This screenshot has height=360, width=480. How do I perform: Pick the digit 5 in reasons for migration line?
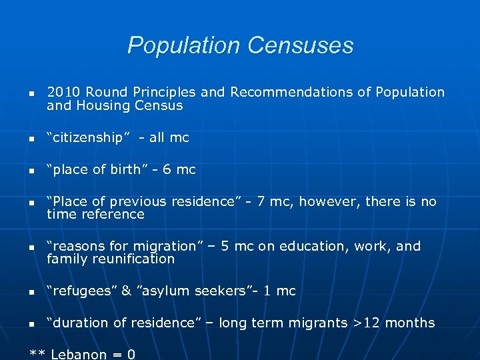pyautogui.click(x=225, y=246)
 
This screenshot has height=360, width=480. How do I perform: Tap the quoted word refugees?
pyautogui.click(x=83, y=291)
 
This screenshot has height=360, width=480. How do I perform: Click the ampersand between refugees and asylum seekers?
pyautogui.click(x=127, y=291)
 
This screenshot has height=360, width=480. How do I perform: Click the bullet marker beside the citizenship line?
pyautogui.click(x=32, y=139)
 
